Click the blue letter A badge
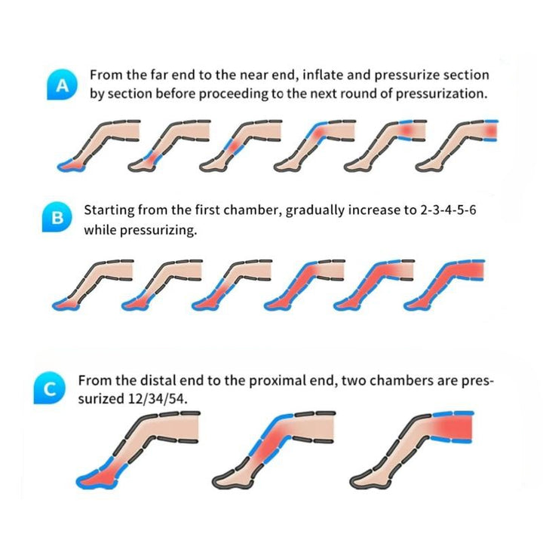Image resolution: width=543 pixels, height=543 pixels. tap(62, 84)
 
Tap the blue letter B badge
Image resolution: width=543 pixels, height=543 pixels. tap(57, 217)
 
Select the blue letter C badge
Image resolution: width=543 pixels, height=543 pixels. tap(49, 388)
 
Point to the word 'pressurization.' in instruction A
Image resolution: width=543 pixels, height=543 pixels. tap(441, 94)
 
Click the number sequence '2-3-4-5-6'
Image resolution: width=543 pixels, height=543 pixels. tap(448, 210)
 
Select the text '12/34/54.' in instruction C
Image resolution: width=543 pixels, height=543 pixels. tap(158, 399)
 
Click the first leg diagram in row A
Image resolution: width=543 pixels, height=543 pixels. tap(99, 146)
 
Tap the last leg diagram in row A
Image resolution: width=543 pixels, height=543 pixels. tap(457, 146)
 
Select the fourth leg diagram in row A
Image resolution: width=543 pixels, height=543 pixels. tap(314, 146)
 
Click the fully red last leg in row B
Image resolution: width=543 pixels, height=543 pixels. tap(444, 284)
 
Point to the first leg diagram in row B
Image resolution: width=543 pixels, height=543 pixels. tap(93, 284)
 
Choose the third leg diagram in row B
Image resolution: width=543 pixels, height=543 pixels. tap(232, 284)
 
